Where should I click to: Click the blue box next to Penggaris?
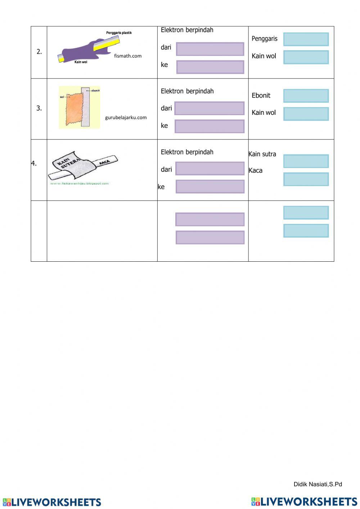pyautogui.click(x=306, y=39)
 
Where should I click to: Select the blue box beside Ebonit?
pyautogui.click(x=306, y=96)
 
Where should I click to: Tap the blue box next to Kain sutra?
pyautogui.click(x=306, y=161)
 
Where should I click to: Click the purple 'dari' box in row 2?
pyautogui.click(x=210, y=49)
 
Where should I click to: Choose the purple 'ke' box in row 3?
pyautogui.click(x=209, y=126)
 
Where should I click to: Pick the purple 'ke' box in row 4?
pyautogui.click(x=210, y=186)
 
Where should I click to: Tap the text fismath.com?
pyautogui.click(x=128, y=56)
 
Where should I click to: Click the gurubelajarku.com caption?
pyautogui.click(x=126, y=117)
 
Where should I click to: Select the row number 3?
pyautogui.click(x=39, y=108)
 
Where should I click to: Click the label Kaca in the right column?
pyautogui.click(x=256, y=170)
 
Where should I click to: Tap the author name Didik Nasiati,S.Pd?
pyautogui.click(x=318, y=484)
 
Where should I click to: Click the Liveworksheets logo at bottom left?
pyautogui.click(x=52, y=502)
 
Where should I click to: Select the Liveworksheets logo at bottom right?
pyautogui.click(x=304, y=501)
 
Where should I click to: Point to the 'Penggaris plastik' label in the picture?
pyautogui.click(x=119, y=33)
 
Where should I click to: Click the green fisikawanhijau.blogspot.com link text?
pyautogui.click(x=79, y=184)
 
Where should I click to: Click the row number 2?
pyautogui.click(x=39, y=51)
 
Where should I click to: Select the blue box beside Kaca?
pyautogui.click(x=306, y=179)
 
